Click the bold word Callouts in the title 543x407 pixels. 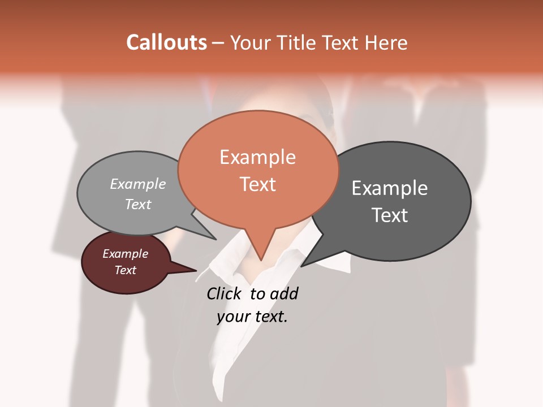[x=166, y=42]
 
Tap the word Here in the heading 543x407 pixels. [x=387, y=42]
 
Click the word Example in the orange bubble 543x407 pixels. [x=257, y=157]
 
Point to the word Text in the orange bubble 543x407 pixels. [x=257, y=184]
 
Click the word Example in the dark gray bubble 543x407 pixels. [x=390, y=188]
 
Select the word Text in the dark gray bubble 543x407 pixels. [x=390, y=215]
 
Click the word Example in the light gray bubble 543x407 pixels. [x=138, y=184]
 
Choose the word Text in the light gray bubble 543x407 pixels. [x=138, y=204]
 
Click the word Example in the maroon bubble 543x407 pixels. [x=125, y=254]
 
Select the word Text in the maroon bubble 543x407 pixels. [x=125, y=270]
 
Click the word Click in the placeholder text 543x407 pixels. [x=223, y=293]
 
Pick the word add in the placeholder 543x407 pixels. [x=284, y=293]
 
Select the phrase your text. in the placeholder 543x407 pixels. [x=252, y=317]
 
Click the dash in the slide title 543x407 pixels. [x=218, y=44]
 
